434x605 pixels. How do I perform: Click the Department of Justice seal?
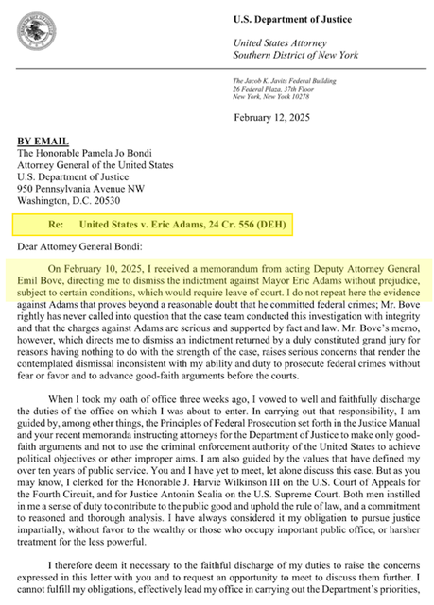(36, 32)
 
